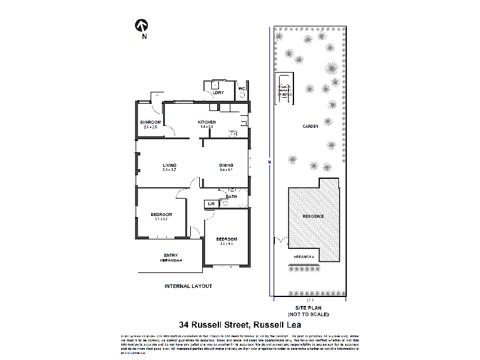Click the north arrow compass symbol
click(142, 25)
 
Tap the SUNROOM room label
click(149, 122)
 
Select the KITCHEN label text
click(207, 122)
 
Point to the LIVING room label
click(169, 166)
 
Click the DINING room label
click(226, 166)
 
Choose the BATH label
click(231, 197)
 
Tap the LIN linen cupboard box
click(211, 204)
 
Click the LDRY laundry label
click(218, 93)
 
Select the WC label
click(242, 89)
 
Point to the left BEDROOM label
click(161, 215)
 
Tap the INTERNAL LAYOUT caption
click(188, 286)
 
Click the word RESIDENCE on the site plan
click(313, 216)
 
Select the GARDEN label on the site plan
click(310, 126)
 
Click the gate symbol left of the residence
click(280, 241)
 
